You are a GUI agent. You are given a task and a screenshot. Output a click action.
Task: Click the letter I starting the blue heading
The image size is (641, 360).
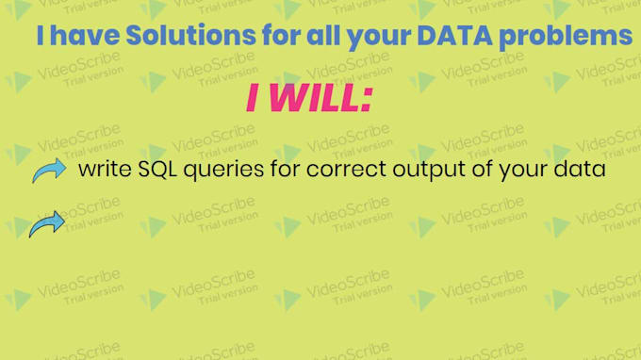(x=41, y=37)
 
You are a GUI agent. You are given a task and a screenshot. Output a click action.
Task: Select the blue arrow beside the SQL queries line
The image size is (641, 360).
(x=48, y=171)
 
